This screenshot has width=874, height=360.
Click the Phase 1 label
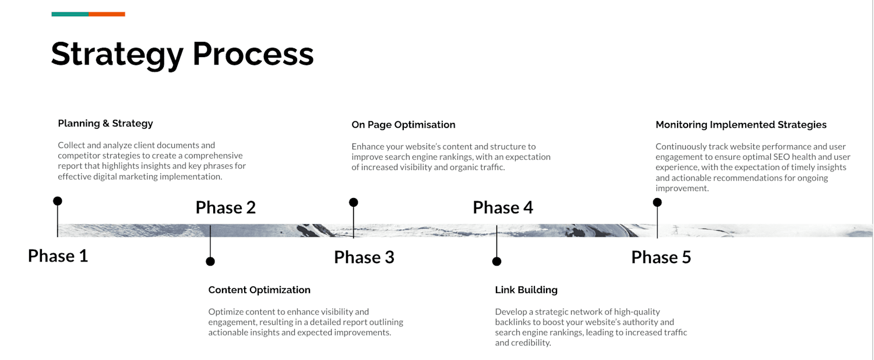[58, 256]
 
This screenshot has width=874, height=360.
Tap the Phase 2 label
[225, 207]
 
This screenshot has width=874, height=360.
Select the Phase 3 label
[364, 257]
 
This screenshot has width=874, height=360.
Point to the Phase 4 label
[502, 207]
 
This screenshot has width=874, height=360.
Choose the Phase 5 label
[661, 257]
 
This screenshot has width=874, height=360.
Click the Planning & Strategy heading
[105, 123]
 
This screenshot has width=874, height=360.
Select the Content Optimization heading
[259, 290]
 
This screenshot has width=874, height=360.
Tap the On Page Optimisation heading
[403, 125]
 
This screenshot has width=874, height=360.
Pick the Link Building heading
[526, 290]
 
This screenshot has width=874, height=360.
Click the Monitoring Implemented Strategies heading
[741, 125]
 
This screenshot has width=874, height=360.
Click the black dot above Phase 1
[57, 201]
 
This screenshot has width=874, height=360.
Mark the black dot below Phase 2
[210, 262]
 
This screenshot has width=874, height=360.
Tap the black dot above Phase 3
[353, 202]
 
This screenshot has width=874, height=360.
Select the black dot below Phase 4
[496, 262]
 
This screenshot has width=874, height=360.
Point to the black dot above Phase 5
[657, 202]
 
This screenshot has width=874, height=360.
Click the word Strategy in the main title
[117, 55]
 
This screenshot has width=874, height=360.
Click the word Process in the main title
[253, 54]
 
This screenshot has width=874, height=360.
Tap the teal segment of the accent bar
[70, 15]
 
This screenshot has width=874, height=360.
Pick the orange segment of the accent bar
[107, 15]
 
